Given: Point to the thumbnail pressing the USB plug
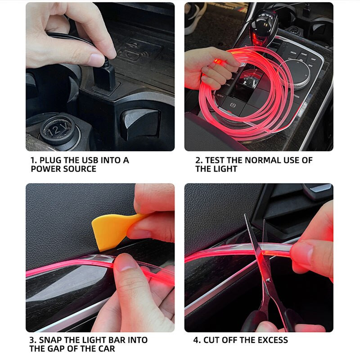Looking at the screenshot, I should (x=97, y=59).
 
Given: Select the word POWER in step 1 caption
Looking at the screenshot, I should (x=45, y=169).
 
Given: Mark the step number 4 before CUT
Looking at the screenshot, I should (x=196, y=340).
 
